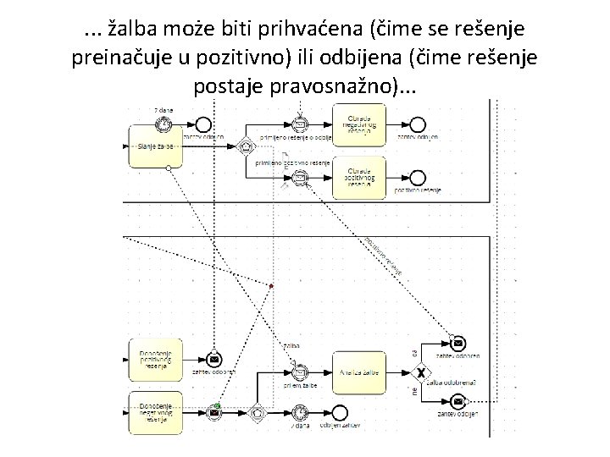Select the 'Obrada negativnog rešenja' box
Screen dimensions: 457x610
tap(360, 125)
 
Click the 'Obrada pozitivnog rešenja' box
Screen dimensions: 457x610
tap(360, 177)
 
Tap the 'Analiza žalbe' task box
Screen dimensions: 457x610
tap(360, 372)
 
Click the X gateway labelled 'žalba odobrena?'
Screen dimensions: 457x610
tap(419, 372)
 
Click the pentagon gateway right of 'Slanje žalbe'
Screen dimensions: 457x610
tap(245, 146)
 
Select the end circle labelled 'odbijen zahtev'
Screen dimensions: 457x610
tap(340, 412)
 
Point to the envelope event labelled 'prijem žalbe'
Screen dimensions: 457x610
tap(298, 372)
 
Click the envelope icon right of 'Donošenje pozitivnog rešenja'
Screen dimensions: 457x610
tap(214, 361)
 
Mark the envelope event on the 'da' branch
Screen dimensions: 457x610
tap(458, 344)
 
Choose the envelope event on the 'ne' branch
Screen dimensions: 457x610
tap(458, 400)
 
